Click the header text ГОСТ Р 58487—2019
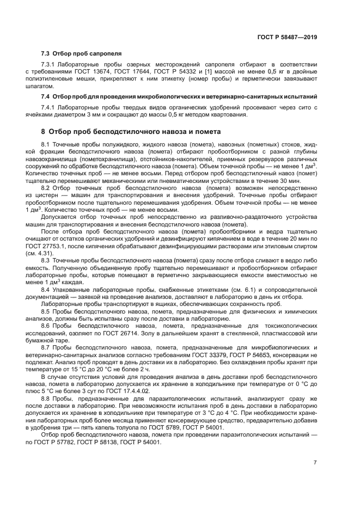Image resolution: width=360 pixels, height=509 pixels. point(286,37)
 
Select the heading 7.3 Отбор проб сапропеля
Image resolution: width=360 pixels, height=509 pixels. point(81,53)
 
